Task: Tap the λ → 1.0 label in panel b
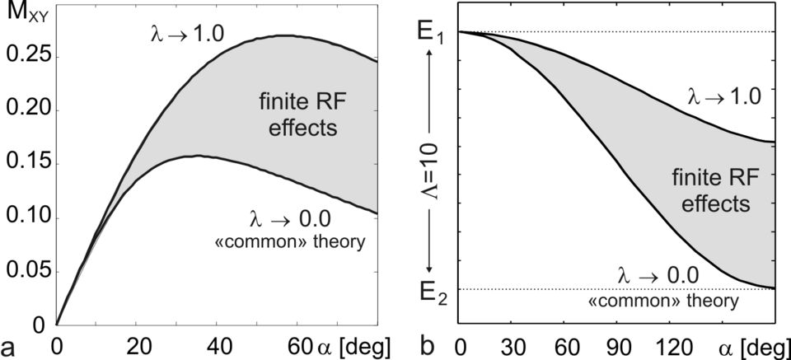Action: coord(728,96)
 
